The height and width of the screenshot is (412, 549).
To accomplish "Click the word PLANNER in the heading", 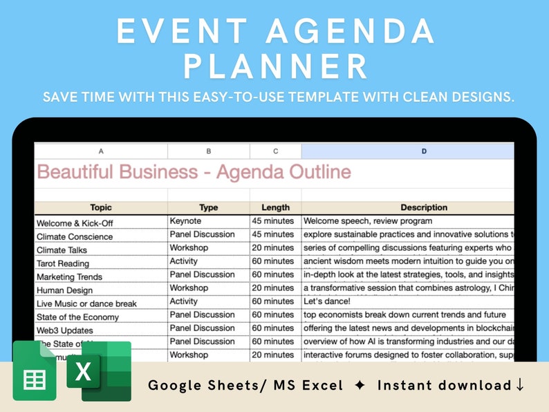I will tap(274, 67).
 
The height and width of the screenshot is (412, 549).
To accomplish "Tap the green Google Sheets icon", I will tap(34, 371).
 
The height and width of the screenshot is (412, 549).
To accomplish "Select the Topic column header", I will tap(101, 207).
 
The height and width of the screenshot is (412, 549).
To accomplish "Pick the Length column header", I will tap(275, 207).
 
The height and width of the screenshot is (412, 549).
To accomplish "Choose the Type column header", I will tap(208, 207).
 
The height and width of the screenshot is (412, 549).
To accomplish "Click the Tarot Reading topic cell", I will tap(63, 263).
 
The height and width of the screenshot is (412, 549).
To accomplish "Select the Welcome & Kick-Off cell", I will tap(74, 223).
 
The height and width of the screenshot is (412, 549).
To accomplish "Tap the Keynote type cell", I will tap(185, 221).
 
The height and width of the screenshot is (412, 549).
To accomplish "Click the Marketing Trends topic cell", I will tap(69, 277).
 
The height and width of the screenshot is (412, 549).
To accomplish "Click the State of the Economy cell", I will tap(77, 317).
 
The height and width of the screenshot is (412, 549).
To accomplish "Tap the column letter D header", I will tap(424, 151).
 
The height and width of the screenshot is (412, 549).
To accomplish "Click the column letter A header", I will tap(101, 151).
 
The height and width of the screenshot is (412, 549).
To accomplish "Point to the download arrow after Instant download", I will tap(520, 385).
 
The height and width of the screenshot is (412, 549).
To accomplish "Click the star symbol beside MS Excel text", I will tap(358, 385).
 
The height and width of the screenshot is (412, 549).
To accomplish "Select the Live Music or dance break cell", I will tap(86, 303).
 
